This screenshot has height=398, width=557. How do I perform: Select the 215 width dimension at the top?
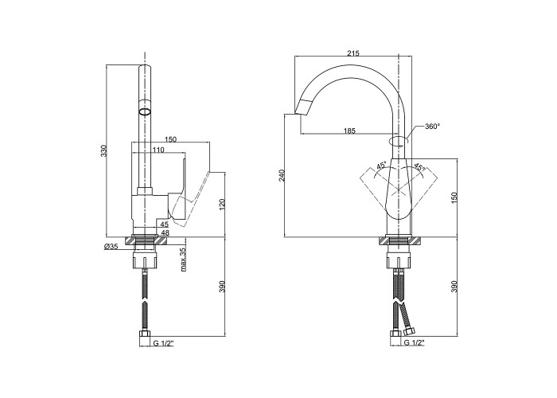353,53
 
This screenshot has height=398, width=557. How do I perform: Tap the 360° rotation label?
432,127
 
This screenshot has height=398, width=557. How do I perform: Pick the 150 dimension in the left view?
170,139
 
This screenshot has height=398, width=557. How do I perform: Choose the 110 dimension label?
158,150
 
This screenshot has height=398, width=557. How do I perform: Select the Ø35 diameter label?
111,248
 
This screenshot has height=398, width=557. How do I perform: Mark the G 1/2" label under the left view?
164,342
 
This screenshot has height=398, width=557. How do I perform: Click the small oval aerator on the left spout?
145,112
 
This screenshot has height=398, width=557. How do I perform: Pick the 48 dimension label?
164,233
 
